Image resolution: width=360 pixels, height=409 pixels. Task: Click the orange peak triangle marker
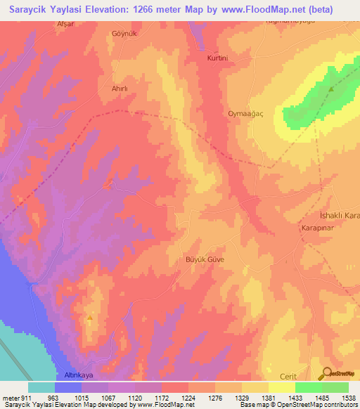click(x=90, y=318)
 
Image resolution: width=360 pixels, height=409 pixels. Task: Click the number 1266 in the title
click(x=150, y=11)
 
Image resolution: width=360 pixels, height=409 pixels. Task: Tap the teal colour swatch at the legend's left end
click(x=41, y=387)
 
